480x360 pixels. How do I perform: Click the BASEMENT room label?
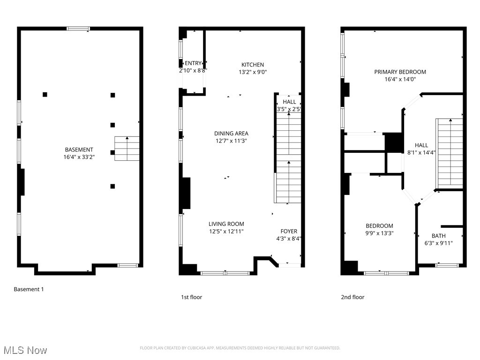[79, 150]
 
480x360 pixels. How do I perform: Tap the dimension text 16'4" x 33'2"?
[79, 157]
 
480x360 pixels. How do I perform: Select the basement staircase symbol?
[127, 149]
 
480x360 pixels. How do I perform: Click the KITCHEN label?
[253, 65]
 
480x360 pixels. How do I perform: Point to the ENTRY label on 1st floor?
[193, 63]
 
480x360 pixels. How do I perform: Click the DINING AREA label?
[231, 134]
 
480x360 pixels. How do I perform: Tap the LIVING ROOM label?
[226, 224]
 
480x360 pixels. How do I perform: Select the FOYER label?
[289, 231]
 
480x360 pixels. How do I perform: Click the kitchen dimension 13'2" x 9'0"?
[253, 72]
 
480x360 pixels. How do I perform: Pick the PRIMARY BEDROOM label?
[400, 72]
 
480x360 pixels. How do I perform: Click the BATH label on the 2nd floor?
[439, 236]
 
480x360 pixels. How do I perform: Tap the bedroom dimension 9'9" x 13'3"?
[380, 233]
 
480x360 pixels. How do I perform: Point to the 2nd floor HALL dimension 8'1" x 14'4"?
[421, 152]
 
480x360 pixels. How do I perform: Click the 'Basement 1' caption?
[29, 289]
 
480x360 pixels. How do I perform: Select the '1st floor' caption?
[192, 297]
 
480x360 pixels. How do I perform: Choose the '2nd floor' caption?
[352, 297]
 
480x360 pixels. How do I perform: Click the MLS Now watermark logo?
[25, 350]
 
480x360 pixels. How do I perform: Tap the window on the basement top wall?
[78, 29]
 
